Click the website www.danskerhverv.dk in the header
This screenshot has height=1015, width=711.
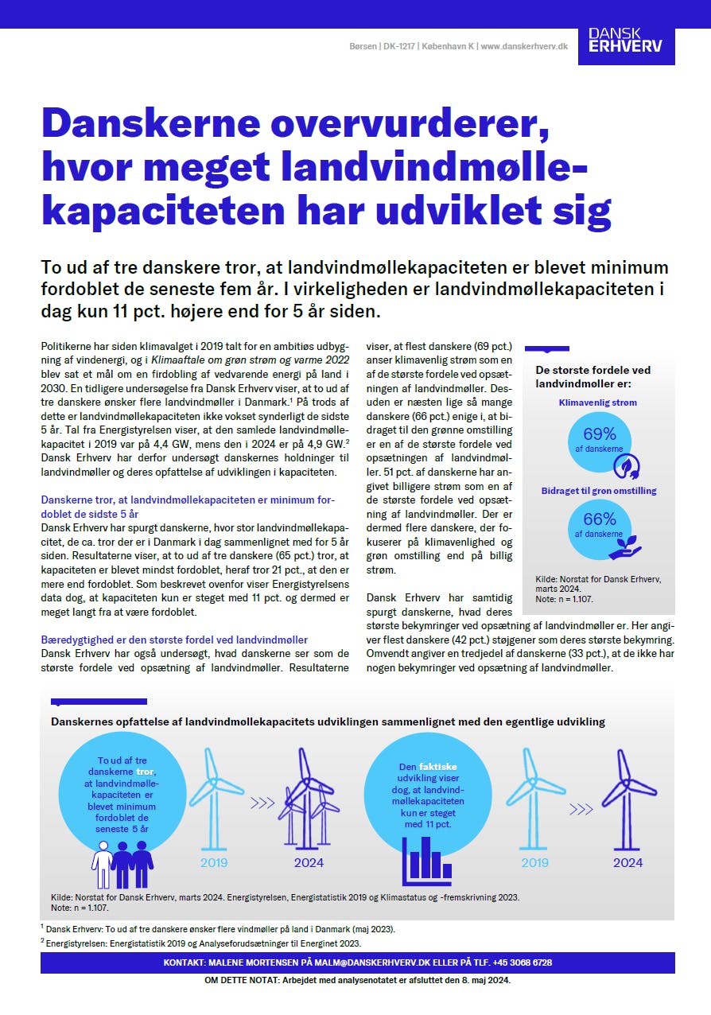click(524, 47)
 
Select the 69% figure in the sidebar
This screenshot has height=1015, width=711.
click(600, 434)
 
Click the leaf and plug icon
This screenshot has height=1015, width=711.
click(629, 465)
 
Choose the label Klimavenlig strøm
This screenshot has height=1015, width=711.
click(598, 402)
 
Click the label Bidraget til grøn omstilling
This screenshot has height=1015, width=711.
click(599, 491)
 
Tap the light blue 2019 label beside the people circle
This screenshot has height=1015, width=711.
click(213, 862)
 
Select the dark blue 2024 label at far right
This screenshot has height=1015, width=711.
click(627, 862)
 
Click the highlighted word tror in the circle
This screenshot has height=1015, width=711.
click(145, 772)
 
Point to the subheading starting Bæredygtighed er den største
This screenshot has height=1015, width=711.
click(174, 640)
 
